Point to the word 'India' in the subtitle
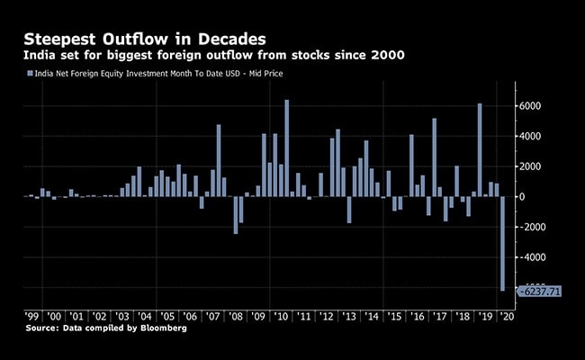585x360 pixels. point(39,57)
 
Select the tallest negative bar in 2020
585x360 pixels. point(502,243)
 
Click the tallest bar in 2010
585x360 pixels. point(286,148)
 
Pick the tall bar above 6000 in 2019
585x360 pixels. point(480,149)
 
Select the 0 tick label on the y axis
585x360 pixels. point(523,196)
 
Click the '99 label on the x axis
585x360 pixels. point(31,317)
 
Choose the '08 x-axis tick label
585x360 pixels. point(236,317)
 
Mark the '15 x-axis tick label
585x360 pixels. point(394,317)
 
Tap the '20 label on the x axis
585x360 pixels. point(508,317)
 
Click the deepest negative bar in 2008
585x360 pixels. point(236,215)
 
